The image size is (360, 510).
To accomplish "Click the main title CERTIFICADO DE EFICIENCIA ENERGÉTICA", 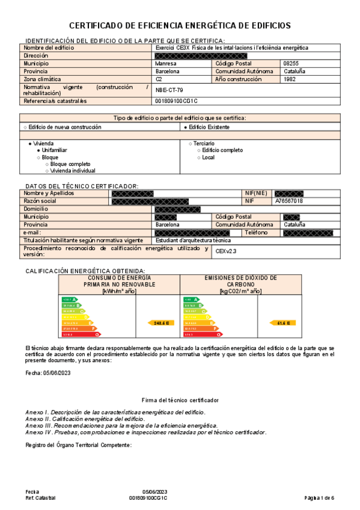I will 180,25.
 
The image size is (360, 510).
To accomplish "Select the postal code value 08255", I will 291,63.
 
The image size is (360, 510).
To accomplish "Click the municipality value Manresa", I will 166,63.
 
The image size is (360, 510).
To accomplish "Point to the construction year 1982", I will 290,79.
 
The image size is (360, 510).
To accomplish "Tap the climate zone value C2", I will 159,79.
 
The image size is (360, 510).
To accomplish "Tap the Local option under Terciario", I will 208,157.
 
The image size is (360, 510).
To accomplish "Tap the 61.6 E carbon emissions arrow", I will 283,323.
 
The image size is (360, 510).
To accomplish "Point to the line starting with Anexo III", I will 121,425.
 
